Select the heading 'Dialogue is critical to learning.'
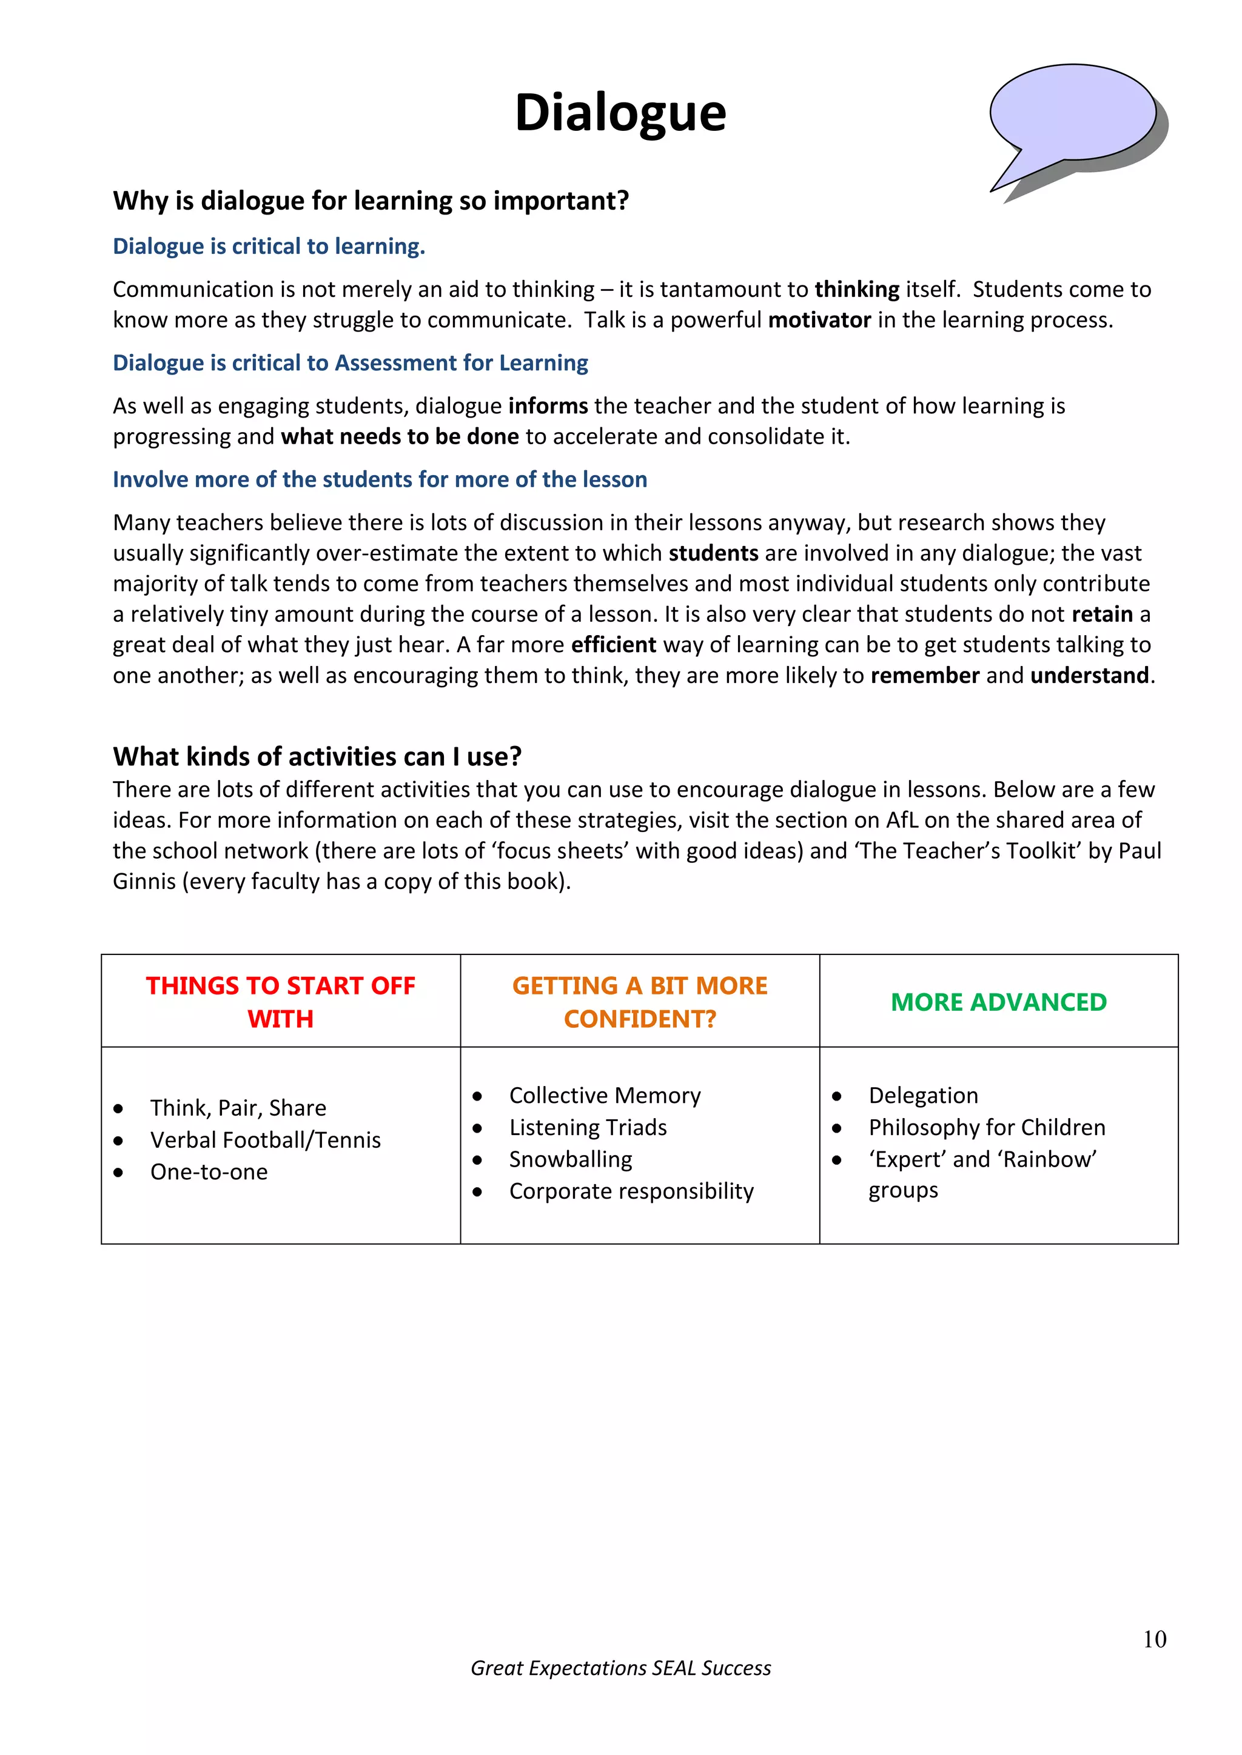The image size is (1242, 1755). coord(269,246)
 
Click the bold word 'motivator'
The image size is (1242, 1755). coord(819,319)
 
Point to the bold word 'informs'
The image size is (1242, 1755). coord(548,406)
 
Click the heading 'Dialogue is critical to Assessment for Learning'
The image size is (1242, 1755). coord(351,363)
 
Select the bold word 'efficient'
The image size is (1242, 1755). coord(613,644)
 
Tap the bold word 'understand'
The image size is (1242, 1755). coord(1089,675)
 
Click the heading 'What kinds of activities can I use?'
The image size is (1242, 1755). coord(317,756)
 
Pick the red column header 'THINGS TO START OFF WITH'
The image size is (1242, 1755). coord(280,1001)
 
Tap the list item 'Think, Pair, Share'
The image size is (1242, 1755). coord(238,1108)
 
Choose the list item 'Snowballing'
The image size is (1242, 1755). coord(571,1159)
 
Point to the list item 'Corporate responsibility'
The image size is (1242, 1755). coord(631,1191)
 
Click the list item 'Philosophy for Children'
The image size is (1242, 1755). coord(987,1127)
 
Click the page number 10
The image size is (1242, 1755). coord(1154,1639)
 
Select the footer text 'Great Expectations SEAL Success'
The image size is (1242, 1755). coord(620,1668)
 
